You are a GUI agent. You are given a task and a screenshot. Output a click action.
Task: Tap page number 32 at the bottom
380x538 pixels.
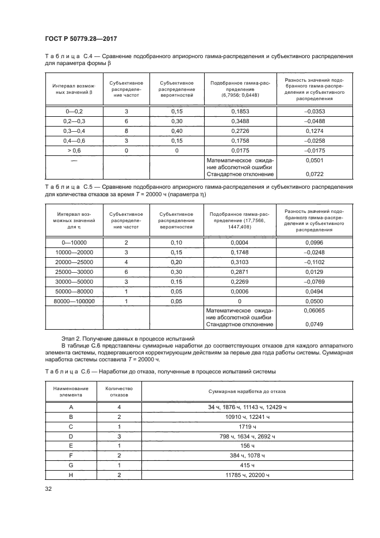[x=49, y=489]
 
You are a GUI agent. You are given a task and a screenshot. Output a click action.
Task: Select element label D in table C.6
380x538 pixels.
[x=70, y=437]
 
